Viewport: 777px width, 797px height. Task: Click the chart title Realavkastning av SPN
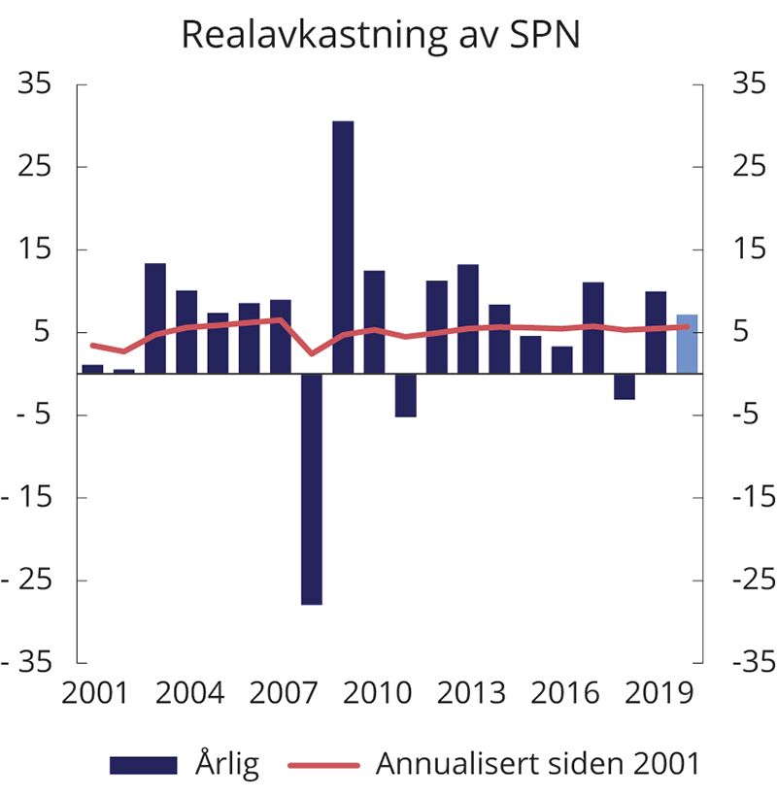pos(380,36)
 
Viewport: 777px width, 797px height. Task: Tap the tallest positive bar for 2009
pos(343,248)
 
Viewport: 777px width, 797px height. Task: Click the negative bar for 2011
pos(405,395)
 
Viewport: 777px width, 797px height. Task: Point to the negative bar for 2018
pos(624,386)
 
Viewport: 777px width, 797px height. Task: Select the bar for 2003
pos(155,318)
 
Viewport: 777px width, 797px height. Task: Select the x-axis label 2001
pos(94,695)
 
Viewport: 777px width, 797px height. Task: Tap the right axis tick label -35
pos(741,663)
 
